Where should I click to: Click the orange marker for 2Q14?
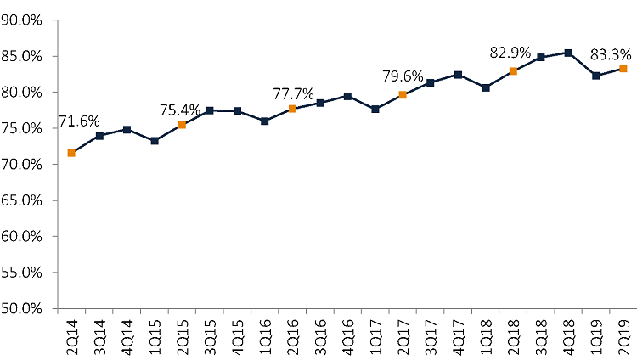point(71,153)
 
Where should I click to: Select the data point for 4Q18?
point(568,53)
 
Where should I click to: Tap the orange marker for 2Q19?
point(623,68)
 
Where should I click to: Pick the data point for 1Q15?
point(154,141)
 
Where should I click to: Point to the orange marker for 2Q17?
point(403,95)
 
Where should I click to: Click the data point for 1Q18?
point(486,87)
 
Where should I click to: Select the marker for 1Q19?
point(596,76)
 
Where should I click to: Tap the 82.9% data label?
point(510,53)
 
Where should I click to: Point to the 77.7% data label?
point(293,92)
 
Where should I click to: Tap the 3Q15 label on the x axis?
point(210,332)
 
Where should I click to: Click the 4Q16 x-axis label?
point(347,332)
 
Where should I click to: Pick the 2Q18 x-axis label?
point(513,332)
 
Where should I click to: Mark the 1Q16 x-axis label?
point(265,332)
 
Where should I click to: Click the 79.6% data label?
point(403,77)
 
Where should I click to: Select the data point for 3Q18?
point(541,57)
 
